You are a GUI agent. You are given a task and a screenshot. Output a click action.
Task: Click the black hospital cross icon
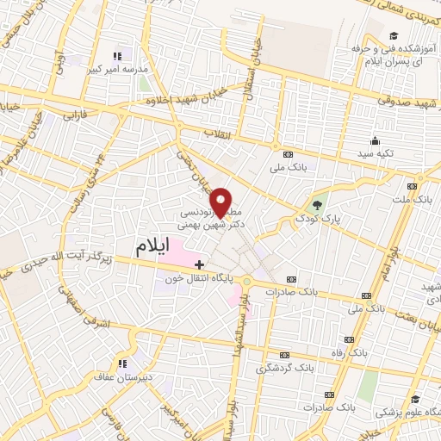point(200,264)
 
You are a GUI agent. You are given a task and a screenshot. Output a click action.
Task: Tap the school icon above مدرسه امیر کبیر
point(118,55)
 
